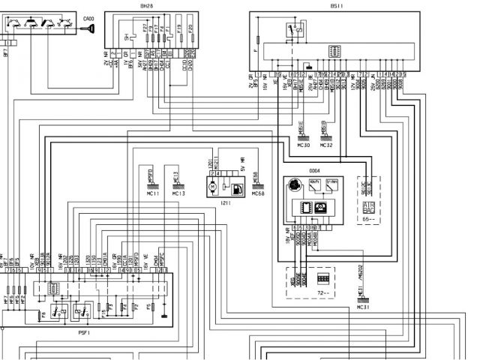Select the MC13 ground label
point(178,193)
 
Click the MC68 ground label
point(258,193)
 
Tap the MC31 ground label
point(363,307)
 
